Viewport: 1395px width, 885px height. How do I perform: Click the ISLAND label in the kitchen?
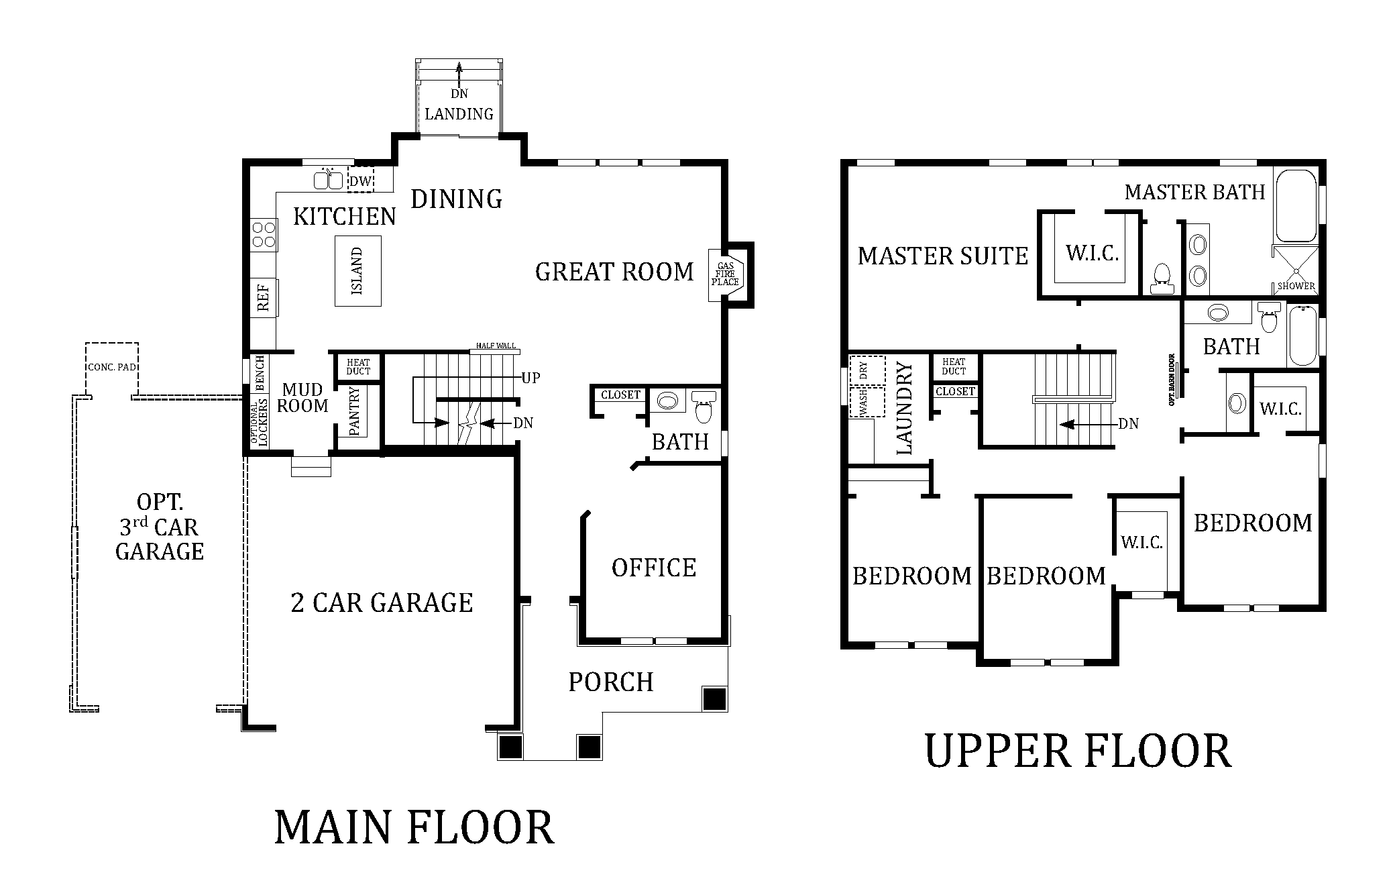(x=357, y=271)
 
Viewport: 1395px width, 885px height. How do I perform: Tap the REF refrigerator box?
(x=264, y=297)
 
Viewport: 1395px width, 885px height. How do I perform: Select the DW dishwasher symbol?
(x=361, y=180)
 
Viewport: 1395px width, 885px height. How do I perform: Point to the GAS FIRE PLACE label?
(x=725, y=274)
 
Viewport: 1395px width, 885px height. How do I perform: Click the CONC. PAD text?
(x=112, y=367)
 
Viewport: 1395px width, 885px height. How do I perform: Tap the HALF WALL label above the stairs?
(x=496, y=346)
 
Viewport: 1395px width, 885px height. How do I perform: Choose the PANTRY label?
(x=355, y=411)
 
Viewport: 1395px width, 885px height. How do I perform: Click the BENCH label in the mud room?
(x=260, y=373)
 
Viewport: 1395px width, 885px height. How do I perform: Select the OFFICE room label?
(x=654, y=568)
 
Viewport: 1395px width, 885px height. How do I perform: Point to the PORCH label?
(x=611, y=682)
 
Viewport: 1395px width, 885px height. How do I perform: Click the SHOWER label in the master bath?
(x=1296, y=286)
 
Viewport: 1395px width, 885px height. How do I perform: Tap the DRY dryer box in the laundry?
(x=867, y=370)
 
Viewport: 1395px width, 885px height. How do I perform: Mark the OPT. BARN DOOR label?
(x=1172, y=380)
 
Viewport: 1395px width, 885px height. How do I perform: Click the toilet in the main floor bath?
(x=703, y=406)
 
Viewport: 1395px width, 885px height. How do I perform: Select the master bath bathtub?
(x=1296, y=205)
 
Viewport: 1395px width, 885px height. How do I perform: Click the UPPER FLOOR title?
(x=1078, y=751)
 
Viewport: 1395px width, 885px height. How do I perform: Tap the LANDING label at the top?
(x=459, y=114)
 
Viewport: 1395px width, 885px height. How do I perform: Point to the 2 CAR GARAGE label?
(x=382, y=603)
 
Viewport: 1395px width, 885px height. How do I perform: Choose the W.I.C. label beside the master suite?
(x=1092, y=253)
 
